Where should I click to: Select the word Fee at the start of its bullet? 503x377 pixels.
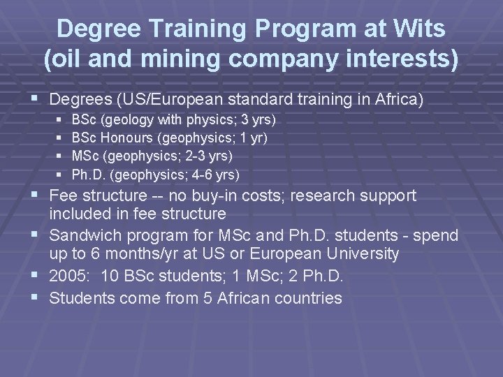[x=64, y=196]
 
